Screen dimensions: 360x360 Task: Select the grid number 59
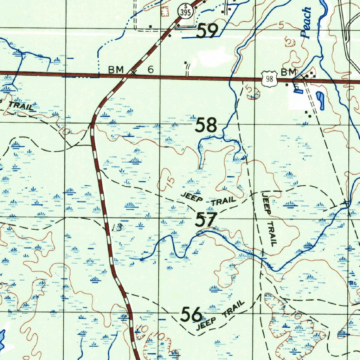207,31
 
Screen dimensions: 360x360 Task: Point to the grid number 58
206,126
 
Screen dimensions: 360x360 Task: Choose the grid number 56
192,314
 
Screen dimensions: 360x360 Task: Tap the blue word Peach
306,23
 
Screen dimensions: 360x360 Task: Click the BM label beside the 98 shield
289,72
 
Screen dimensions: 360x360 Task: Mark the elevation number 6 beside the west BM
150,70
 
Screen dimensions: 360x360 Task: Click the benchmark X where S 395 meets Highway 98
134,73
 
